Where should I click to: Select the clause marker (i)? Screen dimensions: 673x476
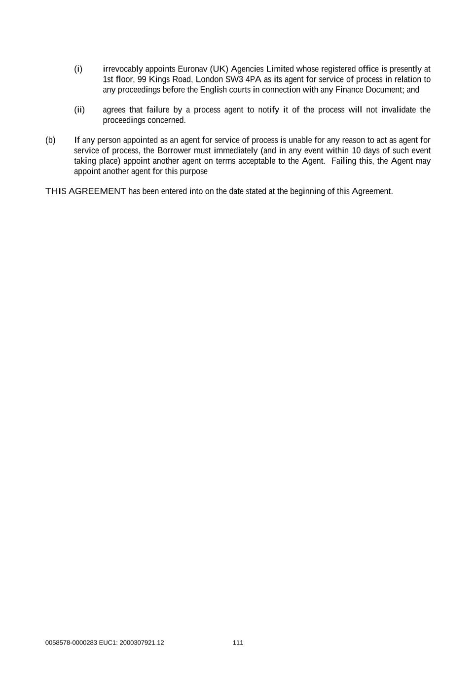(78, 69)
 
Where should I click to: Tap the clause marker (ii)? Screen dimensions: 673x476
(79, 110)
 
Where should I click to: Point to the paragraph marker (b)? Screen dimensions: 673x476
(50, 141)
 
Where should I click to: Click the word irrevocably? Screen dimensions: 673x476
(123, 69)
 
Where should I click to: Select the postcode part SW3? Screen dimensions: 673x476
(234, 79)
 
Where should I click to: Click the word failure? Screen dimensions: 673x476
(158, 110)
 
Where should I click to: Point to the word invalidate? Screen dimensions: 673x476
(399, 110)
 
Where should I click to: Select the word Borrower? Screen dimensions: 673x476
(174, 151)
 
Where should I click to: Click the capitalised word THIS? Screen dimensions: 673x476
(56, 192)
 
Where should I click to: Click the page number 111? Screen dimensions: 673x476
(238, 643)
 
